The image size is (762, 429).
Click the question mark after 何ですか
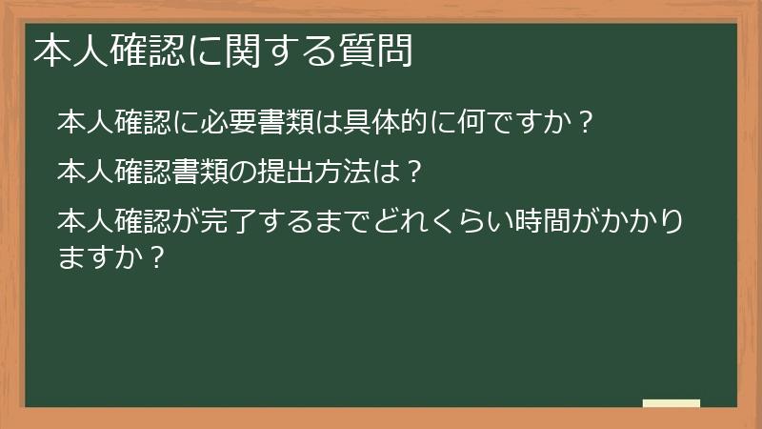click(x=587, y=123)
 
